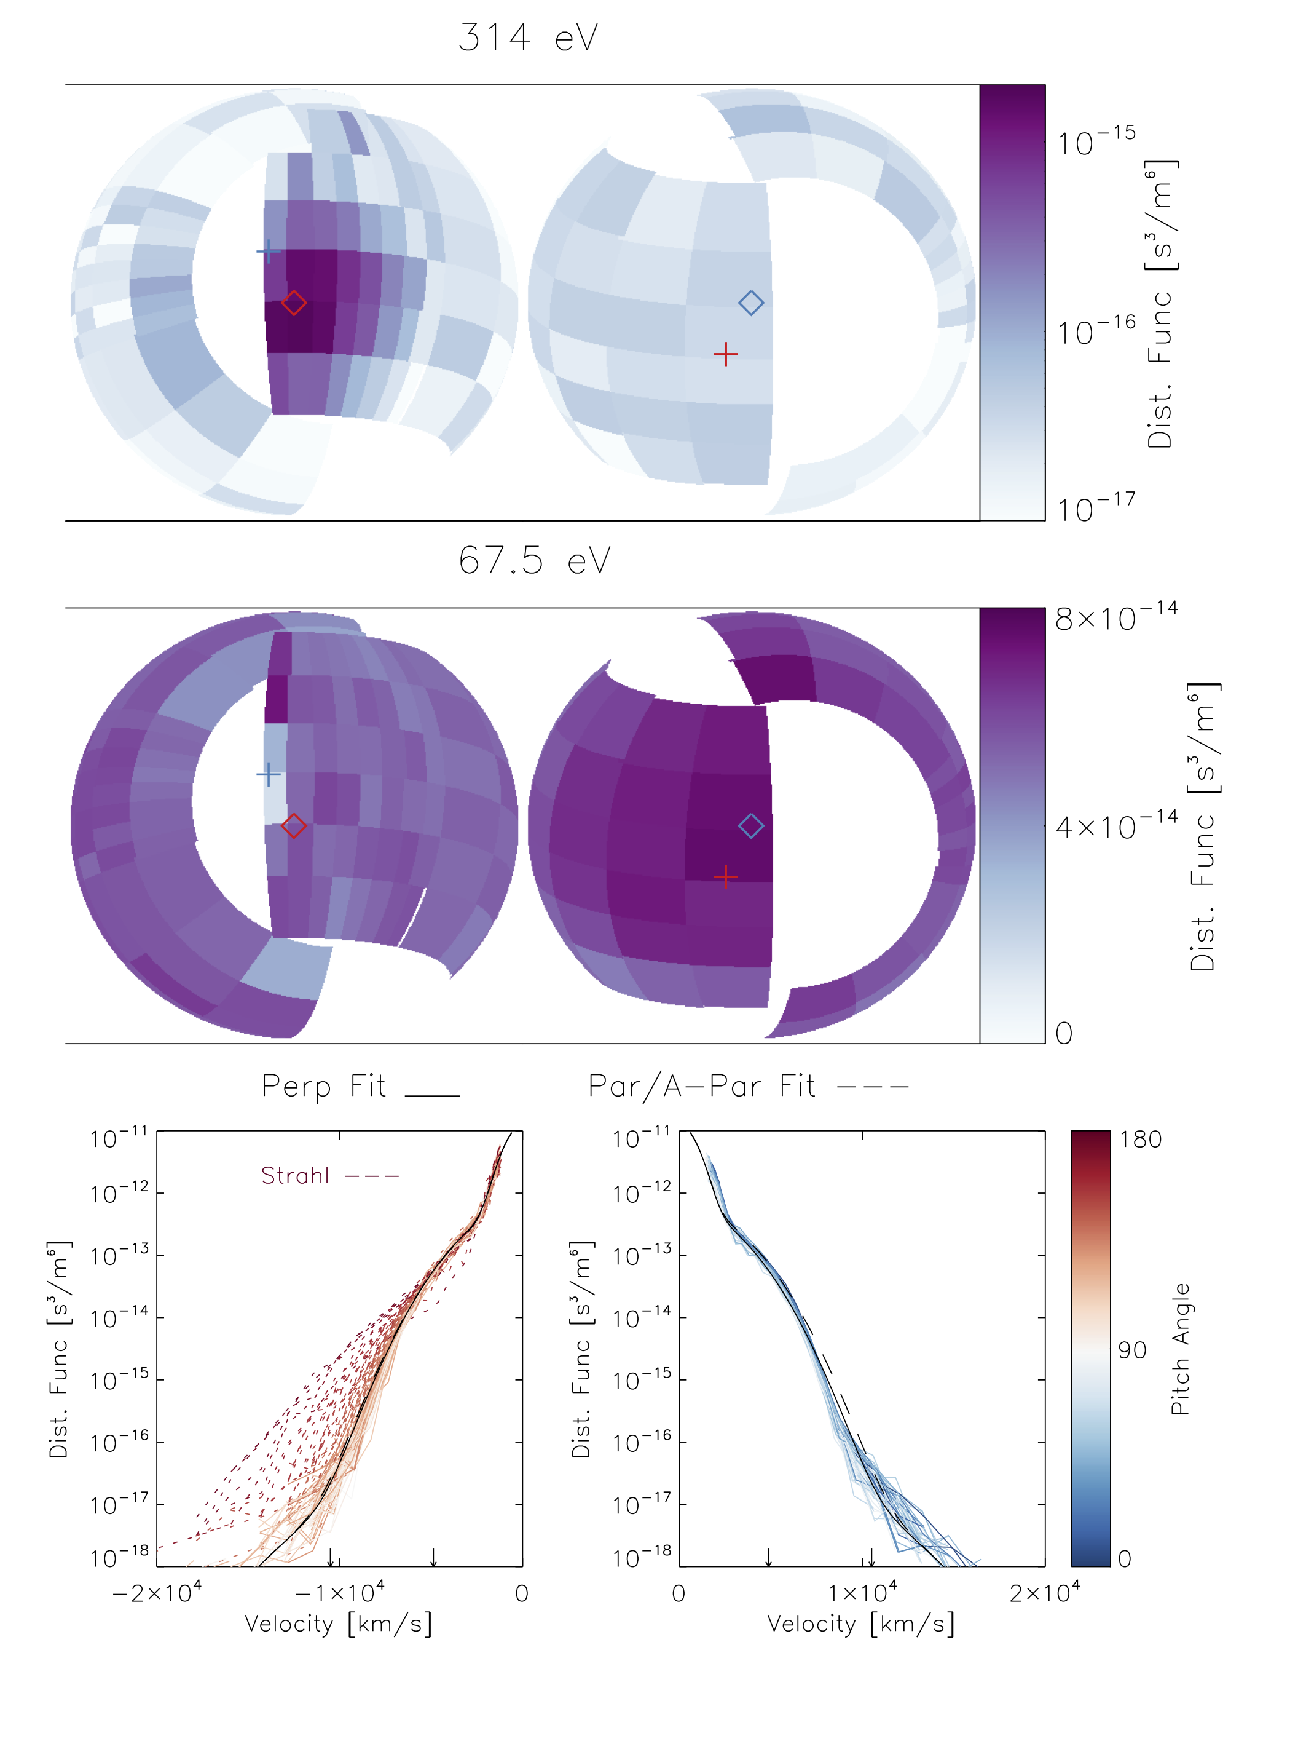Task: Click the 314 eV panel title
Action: click(528, 38)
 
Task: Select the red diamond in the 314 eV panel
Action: click(293, 303)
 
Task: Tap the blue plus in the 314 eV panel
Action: click(269, 252)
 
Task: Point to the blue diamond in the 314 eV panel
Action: click(750, 303)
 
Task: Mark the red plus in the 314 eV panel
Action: click(725, 355)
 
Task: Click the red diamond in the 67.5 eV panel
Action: click(293, 827)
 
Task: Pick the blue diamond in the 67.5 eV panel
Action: click(750, 827)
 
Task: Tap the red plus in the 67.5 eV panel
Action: click(725, 877)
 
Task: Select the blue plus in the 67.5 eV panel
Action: click(269, 774)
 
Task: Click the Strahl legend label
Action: click(295, 1176)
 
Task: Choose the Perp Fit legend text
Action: click(323, 1086)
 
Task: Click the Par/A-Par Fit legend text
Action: click(702, 1086)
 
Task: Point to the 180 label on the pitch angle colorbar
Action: click(1140, 1140)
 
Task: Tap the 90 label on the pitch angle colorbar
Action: click(1131, 1350)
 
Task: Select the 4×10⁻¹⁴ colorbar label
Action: click(1115, 827)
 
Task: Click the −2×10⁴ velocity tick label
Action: click(157, 1593)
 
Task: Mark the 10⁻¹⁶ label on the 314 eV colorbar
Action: click(1096, 331)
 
